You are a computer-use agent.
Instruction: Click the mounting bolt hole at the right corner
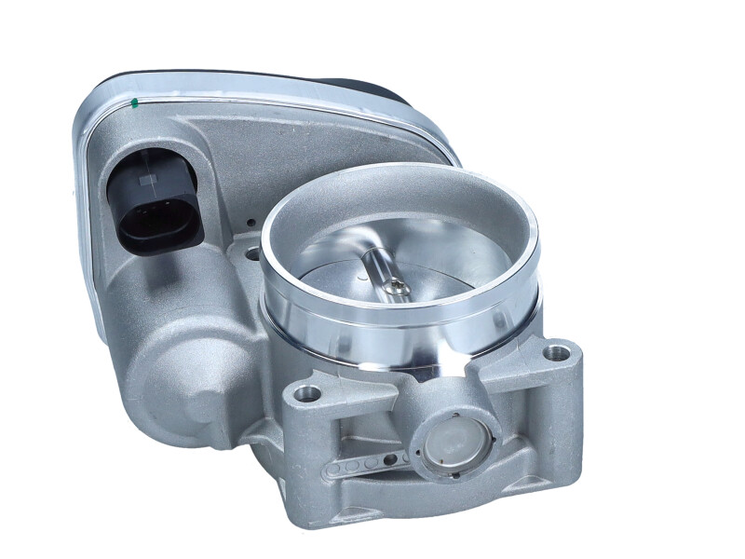557,354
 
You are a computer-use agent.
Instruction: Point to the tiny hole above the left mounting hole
251,224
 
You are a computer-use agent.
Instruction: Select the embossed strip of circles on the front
367,464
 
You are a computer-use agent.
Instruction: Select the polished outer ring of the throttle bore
400,317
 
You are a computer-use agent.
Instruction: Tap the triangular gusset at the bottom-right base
540,447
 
